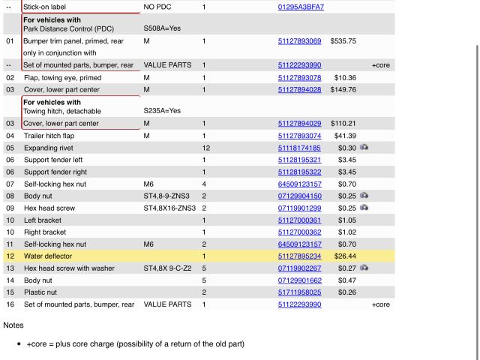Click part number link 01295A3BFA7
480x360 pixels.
click(x=301, y=7)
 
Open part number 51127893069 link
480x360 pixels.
click(x=299, y=41)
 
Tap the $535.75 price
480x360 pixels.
click(x=343, y=41)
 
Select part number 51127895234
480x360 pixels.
click(x=299, y=256)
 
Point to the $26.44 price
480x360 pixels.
click(x=345, y=256)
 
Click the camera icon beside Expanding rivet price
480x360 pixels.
click(x=364, y=148)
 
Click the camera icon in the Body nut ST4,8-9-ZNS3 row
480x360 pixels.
click(x=364, y=196)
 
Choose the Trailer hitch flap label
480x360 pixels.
click(x=54, y=136)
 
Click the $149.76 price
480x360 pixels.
click(x=343, y=89)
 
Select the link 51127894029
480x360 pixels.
click(x=299, y=124)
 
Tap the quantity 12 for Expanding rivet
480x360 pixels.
click(x=205, y=148)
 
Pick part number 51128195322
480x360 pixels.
click(x=299, y=172)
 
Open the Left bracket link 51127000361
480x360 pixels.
click(x=299, y=220)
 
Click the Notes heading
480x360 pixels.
click(x=13, y=325)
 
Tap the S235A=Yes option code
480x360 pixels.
click(x=162, y=111)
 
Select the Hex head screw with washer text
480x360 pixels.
click(x=69, y=268)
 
